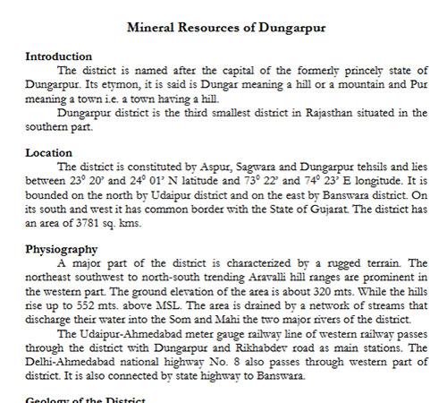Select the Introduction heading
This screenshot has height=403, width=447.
(x=58, y=56)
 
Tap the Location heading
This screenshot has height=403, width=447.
(x=49, y=153)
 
